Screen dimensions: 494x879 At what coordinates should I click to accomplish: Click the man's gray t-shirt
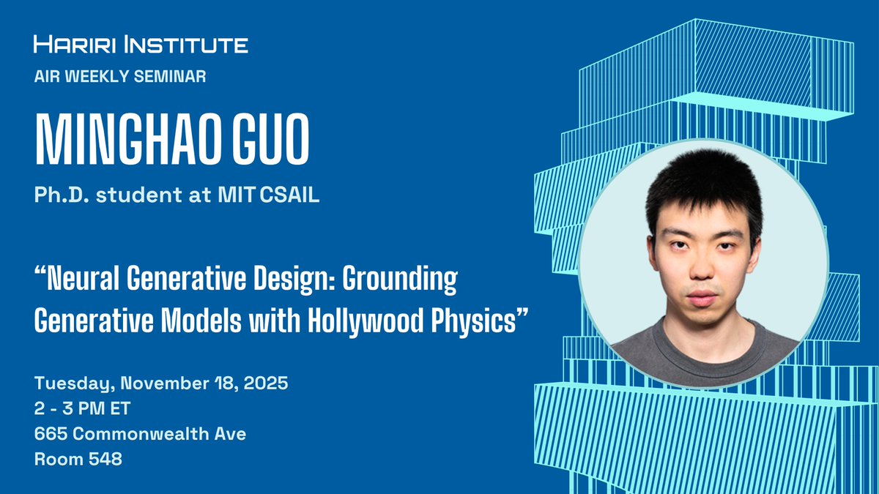(x=703, y=351)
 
